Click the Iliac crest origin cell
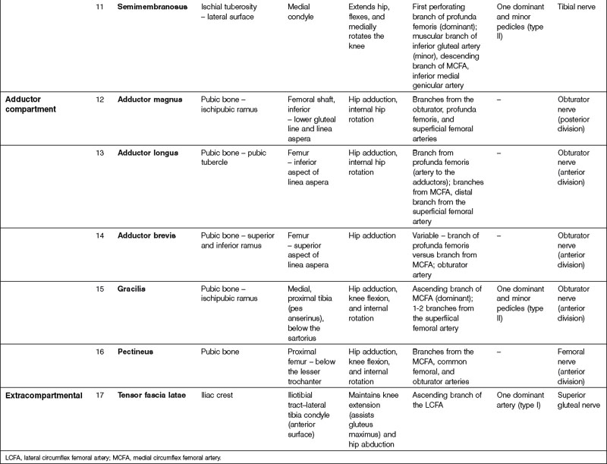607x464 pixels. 220,395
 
